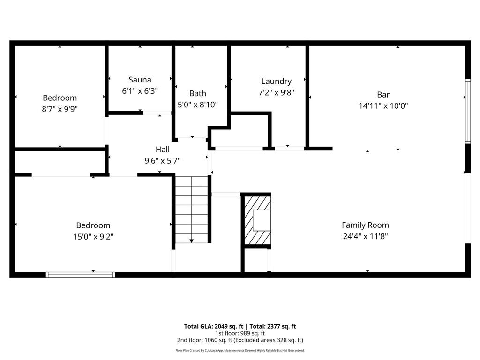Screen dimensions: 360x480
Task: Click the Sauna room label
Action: pos(140,80)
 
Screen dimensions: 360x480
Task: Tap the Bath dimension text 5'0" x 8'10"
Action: pos(197,105)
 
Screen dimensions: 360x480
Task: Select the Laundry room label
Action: pos(276,81)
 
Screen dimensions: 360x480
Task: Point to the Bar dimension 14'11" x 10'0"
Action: pos(383,106)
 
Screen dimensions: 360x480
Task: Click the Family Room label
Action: pos(365,225)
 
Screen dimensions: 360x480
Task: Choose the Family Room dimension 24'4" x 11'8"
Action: pos(365,236)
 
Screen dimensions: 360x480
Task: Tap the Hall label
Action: pos(163,150)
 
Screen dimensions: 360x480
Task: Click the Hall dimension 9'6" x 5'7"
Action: pos(163,160)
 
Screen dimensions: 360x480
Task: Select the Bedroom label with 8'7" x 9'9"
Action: pos(60,98)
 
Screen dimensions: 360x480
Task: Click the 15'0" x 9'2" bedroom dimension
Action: pos(93,237)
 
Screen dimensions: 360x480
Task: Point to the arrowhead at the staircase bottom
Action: pos(191,240)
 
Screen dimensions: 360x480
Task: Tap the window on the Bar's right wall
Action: pos(467,111)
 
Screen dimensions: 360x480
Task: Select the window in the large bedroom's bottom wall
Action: pos(80,274)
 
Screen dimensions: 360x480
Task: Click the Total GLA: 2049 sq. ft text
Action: pos(214,326)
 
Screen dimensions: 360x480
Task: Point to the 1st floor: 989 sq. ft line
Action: pos(240,333)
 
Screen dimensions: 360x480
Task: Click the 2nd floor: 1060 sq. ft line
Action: pos(240,340)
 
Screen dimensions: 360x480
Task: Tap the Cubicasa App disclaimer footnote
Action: pos(240,350)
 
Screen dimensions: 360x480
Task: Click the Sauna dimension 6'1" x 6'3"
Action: pos(140,91)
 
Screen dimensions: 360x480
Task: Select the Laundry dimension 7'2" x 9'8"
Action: pos(276,93)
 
